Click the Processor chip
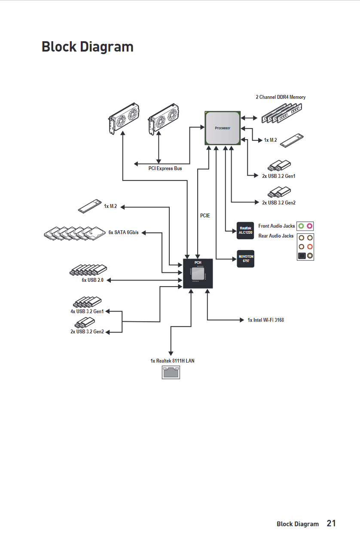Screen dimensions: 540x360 click(x=223, y=128)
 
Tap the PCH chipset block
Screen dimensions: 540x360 click(x=198, y=274)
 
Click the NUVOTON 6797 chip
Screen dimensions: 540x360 click(x=245, y=259)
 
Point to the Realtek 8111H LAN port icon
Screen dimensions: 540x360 click(x=171, y=372)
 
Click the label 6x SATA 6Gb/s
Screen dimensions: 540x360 click(x=124, y=232)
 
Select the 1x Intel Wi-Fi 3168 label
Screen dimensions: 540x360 click(x=265, y=320)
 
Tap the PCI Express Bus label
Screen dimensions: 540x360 click(x=165, y=168)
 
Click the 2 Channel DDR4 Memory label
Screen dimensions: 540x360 click(x=281, y=97)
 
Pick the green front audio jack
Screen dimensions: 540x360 click(x=301, y=226)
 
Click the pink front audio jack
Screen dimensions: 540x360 click(x=310, y=226)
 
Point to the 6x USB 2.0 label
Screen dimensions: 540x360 click(x=93, y=281)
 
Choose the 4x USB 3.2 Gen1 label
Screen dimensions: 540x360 click(x=87, y=311)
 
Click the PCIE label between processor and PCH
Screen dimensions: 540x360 click(x=205, y=215)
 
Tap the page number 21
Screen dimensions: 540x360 click(x=331, y=523)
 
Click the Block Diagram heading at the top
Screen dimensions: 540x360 click(x=88, y=46)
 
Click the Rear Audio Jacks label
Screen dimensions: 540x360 click(x=276, y=236)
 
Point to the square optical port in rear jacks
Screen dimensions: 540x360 click(x=302, y=256)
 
